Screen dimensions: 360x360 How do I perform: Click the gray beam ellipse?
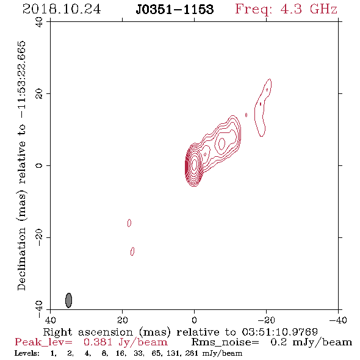[x=69, y=300]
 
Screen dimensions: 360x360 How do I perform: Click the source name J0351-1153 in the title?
[x=175, y=9]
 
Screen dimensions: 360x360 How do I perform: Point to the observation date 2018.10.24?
[x=62, y=9]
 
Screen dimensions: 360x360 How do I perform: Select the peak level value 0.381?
[x=98, y=342]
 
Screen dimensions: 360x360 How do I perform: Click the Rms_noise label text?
[x=225, y=342]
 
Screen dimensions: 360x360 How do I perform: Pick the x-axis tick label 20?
[x=122, y=320]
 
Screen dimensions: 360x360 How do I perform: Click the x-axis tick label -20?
[x=266, y=320]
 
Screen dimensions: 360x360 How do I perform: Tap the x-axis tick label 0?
[x=194, y=320]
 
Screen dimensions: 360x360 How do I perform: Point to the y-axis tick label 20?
[x=39, y=94]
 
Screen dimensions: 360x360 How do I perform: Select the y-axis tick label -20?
[x=39, y=237]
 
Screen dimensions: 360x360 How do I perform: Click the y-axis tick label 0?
[x=39, y=165]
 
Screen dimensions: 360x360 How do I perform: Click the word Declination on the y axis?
[x=21, y=259]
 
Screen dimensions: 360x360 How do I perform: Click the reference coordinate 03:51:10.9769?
[x=280, y=332]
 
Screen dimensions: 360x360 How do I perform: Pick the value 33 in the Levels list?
[x=139, y=353]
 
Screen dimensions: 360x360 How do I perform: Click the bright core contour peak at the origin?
[x=194, y=164]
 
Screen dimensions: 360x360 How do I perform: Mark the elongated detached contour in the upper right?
[x=263, y=107]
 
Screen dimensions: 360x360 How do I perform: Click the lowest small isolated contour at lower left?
[x=132, y=251]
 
